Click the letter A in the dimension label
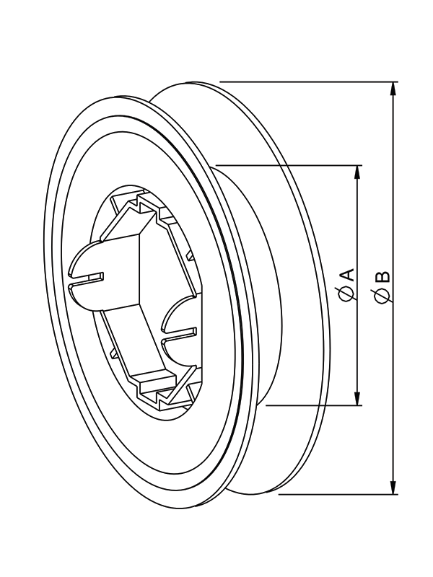[348, 275]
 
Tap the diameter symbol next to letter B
[382, 295]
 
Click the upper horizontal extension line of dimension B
[309, 82]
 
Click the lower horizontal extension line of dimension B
[338, 494]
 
